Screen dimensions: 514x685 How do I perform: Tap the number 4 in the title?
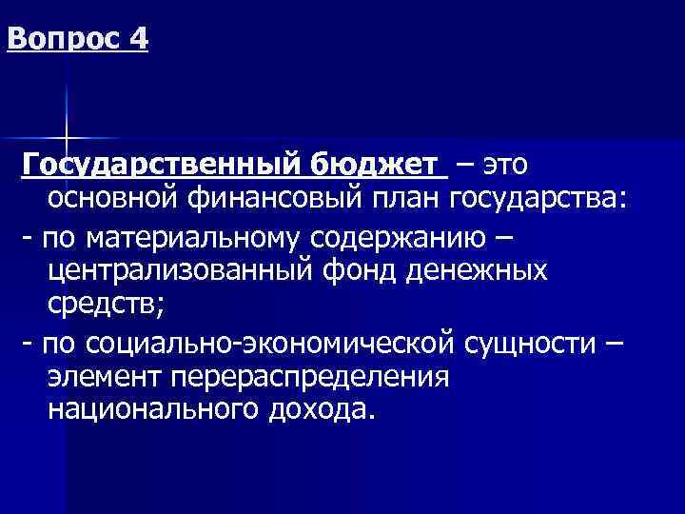[139, 41]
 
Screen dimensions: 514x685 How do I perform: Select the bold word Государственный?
[161, 165]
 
